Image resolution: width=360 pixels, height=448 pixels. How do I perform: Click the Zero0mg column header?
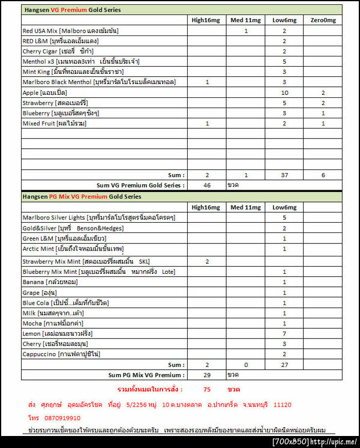pos(323,20)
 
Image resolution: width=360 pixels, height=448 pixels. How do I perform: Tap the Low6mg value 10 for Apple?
pos(284,92)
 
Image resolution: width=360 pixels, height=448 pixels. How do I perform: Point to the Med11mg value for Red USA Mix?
pos(246,30)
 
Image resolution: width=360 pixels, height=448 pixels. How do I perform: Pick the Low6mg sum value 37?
pos(284,175)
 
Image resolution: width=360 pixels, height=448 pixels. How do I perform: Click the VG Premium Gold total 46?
pos(207,185)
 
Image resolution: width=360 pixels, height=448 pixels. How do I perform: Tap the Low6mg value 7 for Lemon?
pos(284,333)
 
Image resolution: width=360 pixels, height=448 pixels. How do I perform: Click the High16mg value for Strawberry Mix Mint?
pos(207,261)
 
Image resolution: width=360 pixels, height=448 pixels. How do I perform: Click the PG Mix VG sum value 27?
pos(284,364)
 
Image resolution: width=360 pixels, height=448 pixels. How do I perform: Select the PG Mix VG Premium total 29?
pos(207,374)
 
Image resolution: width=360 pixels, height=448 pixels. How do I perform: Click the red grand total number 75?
pos(207,389)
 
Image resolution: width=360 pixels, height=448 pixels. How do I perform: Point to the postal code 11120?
pos(283,405)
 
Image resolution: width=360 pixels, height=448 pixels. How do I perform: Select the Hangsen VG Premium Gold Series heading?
pos(72,10)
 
